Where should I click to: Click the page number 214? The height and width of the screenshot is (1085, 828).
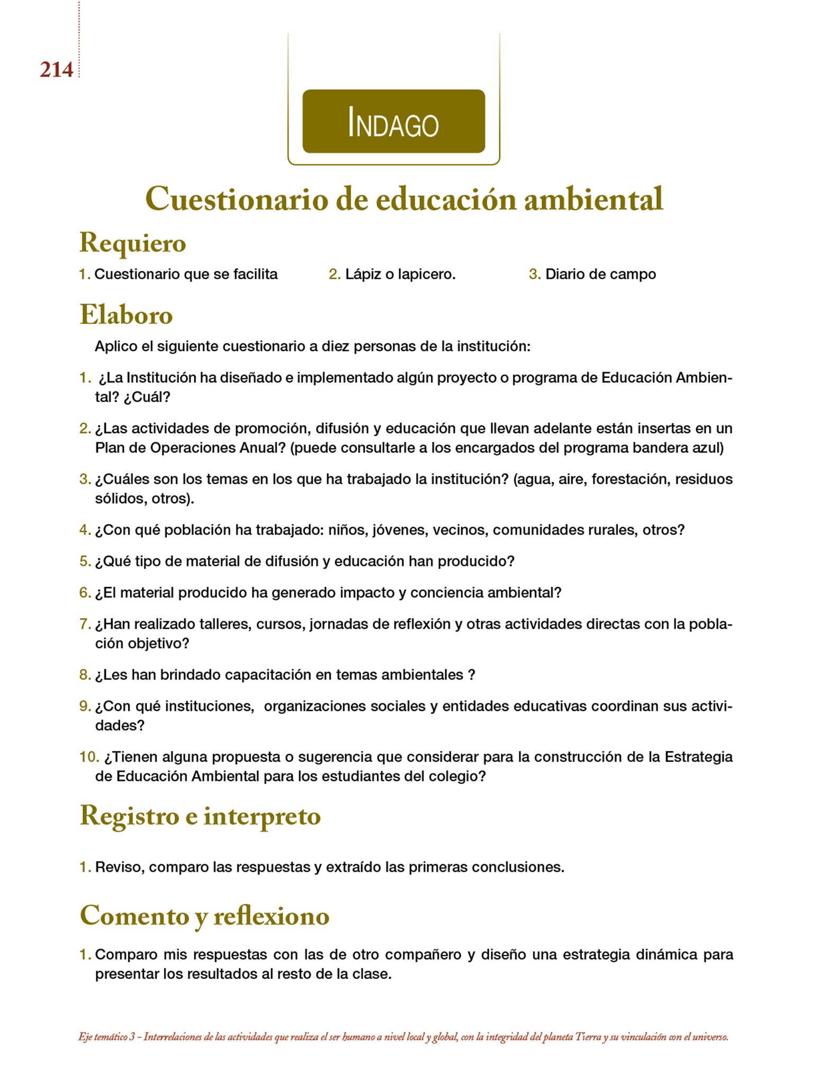pyautogui.click(x=56, y=70)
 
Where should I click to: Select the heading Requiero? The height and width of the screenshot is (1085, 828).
pyautogui.click(x=132, y=243)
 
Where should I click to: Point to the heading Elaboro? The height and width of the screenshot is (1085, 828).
pyautogui.click(x=126, y=315)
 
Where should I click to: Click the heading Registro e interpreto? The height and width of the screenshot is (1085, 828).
pyautogui.click(x=200, y=816)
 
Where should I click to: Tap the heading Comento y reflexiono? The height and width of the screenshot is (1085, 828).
pyautogui.click(x=204, y=915)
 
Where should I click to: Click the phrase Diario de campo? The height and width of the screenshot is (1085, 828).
pyautogui.click(x=600, y=274)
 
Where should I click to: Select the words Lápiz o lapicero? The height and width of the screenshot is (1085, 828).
pyautogui.click(x=400, y=274)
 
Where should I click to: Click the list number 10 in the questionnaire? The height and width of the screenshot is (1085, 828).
pyautogui.click(x=88, y=757)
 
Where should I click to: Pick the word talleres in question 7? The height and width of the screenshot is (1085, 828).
pyautogui.click(x=223, y=624)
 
